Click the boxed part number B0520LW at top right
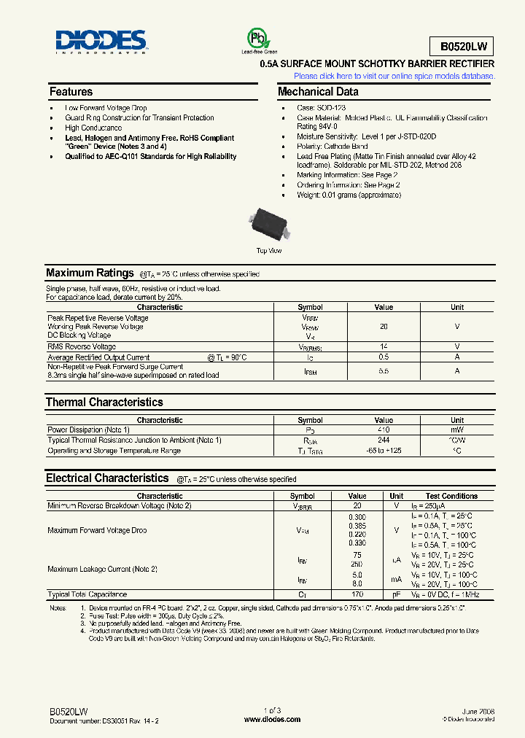tap(462, 47)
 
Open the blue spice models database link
tap(394, 76)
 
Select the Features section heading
tap(71, 92)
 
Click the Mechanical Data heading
tap(318, 92)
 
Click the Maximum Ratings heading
tap(90, 273)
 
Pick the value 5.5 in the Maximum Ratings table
tap(384, 371)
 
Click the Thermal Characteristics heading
tap(104, 402)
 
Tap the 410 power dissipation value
tap(384, 430)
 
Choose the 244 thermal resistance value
tap(384, 440)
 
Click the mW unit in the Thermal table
tap(457, 430)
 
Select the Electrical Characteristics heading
tap(107, 478)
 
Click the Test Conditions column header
tap(452, 496)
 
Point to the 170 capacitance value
tap(357, 595)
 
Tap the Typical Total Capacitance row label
tap(87, 595)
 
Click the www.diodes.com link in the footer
tap(272, 719)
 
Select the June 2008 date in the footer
tap(478, 710)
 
